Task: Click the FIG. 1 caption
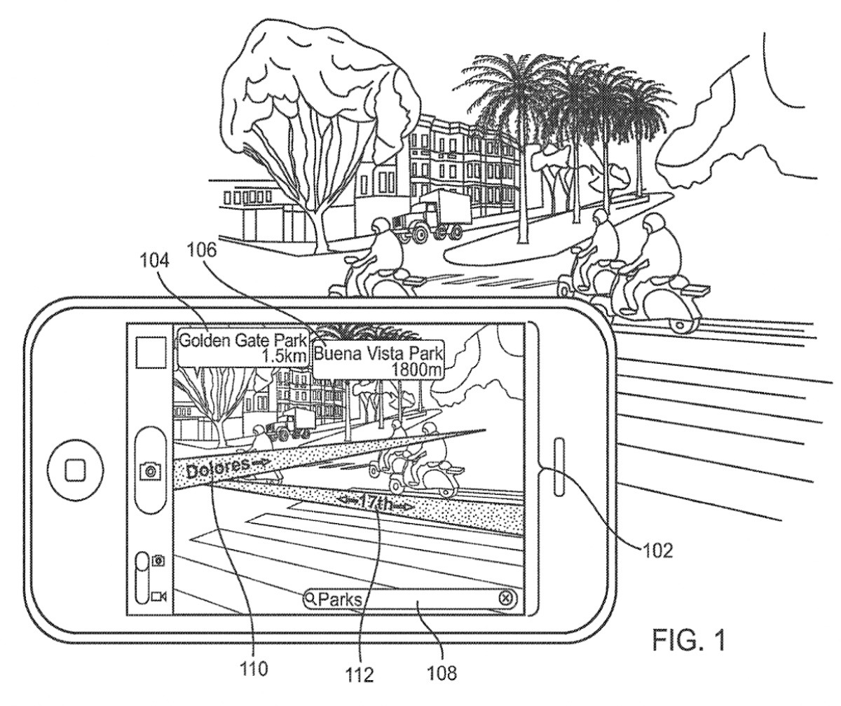pos(685,640)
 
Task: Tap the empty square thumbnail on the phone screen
pos(151,351)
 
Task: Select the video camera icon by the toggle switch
pos(158,596)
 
